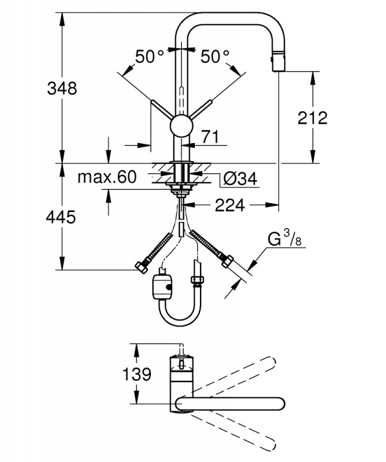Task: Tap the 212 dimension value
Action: (x=313, y=117)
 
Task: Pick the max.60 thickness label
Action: (x=107, y=177)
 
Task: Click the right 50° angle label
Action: (x=216, y=57)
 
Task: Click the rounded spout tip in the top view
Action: (x=281, y=403)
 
